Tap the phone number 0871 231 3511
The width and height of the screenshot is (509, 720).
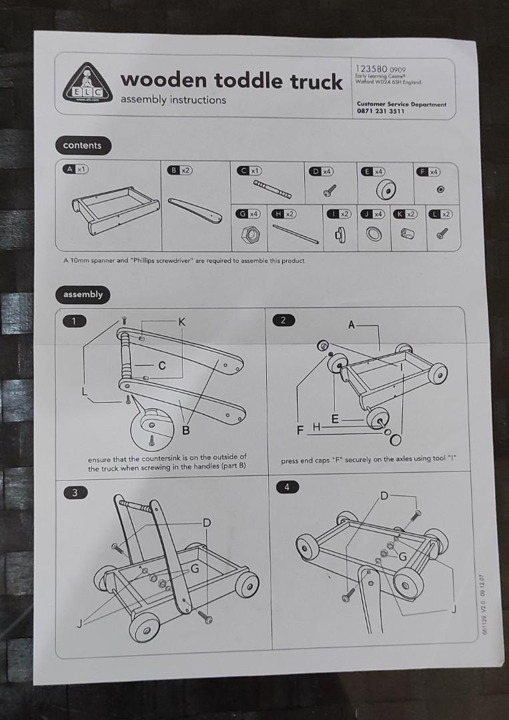(x=381, y=112)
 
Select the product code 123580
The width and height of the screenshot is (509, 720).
(x=372, y=69)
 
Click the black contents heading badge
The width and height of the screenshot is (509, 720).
(x=82, y=145)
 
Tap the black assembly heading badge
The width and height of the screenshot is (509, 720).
(x=83, y=294)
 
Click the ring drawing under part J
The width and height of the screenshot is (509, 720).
(x=374, y=235)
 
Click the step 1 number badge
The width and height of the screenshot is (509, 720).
(x=75, y=321)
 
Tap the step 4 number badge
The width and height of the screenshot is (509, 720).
(x=287, y=487)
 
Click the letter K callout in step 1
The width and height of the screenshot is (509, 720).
(x=181, y=322)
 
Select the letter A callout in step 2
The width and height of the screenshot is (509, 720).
(x=351, y=325)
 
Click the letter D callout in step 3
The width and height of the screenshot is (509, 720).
(x=207, y=522)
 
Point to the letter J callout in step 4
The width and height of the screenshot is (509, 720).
(x=454, y=608)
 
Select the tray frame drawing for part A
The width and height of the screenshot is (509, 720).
(x=113, y=209)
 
